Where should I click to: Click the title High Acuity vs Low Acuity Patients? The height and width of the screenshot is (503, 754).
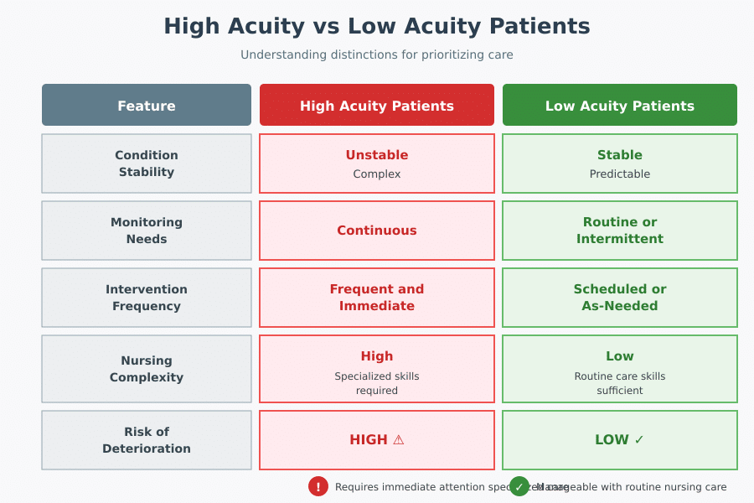tap(377, 26)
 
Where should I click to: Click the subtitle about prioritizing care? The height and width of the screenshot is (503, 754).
tap(377, 54)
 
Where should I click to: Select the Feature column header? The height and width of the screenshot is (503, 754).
tap(147, 106)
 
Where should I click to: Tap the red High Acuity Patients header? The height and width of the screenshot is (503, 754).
tap(377, 106)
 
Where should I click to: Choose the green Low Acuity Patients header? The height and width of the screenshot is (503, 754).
tap(620, 106)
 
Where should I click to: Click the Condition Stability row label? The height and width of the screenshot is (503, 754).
tap(147, 163)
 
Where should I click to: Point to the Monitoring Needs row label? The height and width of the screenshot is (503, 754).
tap(147, 231)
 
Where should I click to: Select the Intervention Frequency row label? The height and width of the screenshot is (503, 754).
tap(147, 298)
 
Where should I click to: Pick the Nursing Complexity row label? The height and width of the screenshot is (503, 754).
tap(147, 369)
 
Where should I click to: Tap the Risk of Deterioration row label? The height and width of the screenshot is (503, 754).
tap(147, 440)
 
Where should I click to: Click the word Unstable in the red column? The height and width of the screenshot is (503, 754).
tap(377, 155)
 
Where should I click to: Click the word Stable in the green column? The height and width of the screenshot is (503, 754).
tap(620, 155)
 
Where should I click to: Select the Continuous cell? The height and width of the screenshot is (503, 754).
tap(377, 231)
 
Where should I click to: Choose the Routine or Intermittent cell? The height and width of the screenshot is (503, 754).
tap(620, 231)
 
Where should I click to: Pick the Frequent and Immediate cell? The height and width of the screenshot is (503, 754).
tap(377, 298)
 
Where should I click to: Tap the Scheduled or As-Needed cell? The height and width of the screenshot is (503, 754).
tap(620, 298)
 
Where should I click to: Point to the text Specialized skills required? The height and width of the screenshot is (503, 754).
tap(377, 383)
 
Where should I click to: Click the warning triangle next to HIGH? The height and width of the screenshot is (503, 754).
tap(399, 440)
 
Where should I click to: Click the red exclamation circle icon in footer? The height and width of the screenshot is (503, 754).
tap(318, 486)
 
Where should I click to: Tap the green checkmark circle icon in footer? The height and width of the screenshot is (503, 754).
tap(519, 486)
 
